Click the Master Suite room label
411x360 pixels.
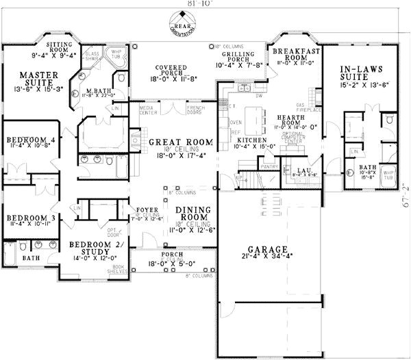tap(32, 79)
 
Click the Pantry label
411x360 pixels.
tap(269, 165)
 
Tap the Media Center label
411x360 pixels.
tap(147, 110)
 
